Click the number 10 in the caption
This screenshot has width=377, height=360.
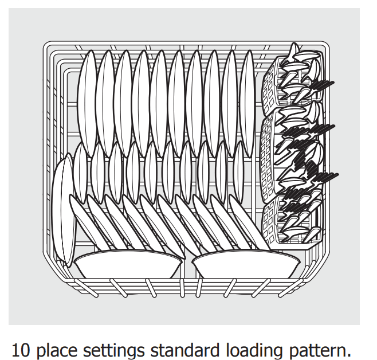click(x=21, y=350)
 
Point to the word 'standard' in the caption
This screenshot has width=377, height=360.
click(x=185, y=350)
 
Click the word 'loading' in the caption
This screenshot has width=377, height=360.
click(x=254, y=350)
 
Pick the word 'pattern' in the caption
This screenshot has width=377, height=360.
click(x=317, y=350)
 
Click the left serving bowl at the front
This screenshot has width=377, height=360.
click(x=127, y=264)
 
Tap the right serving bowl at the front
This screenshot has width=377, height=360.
click(x=246, y=264)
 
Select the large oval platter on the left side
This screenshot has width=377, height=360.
click(x=63, y=210)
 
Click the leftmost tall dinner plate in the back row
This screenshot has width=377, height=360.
click(x=87, y=103)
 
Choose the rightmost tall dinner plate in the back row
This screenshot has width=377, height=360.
click(x=247, y=103)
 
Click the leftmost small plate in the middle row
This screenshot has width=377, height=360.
click(x=80, y=172)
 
